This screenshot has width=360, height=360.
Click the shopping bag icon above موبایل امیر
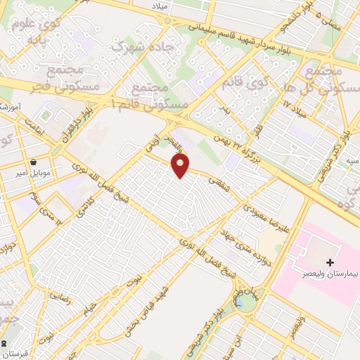pyautogui.click(x=34, y=161)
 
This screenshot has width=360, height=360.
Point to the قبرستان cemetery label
pyautogui.click(x=22, y=354)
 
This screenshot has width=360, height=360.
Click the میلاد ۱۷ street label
pyautogui.click(x=294, y=105)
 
